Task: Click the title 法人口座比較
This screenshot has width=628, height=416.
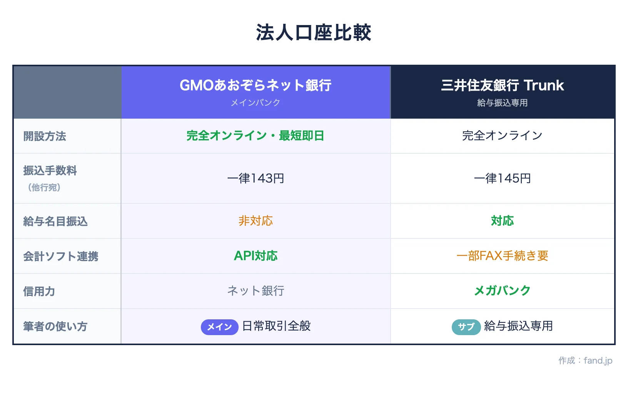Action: coord(314,32)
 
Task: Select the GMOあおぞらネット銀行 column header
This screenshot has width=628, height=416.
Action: coord(256,85)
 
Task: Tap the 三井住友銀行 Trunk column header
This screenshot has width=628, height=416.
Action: coord(502,85)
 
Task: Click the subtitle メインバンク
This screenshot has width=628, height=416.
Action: coord(256,103)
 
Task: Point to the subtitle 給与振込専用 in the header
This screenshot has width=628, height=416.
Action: coord(502,103)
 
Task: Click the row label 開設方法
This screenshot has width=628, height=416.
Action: coord(45,136)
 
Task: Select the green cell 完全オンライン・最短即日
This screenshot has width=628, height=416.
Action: coord(256,136)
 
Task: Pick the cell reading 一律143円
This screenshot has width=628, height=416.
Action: coord(256,178)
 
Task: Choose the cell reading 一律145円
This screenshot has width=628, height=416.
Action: coord(502,178)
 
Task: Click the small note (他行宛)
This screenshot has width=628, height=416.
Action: coord(44,188)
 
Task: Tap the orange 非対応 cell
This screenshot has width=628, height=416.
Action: coord(256,221)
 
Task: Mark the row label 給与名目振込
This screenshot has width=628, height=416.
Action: coord(55,221)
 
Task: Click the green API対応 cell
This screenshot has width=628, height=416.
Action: coord(256,256)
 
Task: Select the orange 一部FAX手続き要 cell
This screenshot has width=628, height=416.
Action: coord(502,256)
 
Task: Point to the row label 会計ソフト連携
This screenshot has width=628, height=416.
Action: coord(61,257)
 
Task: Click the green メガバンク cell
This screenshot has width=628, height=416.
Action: coord(502,291)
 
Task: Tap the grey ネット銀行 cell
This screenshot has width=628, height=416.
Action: coord(256,291)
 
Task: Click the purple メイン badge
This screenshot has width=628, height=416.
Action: coord(219,327)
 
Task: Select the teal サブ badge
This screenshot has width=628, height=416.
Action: coord(466,327)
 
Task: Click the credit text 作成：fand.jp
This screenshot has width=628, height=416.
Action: coord(585,361)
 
